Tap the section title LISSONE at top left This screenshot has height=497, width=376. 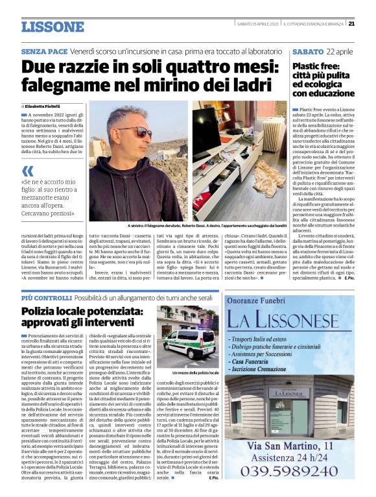[53, 27]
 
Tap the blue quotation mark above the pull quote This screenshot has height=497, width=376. [27, 171]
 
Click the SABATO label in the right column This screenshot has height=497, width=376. [308, 51]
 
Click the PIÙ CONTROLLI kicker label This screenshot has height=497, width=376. [46, 298]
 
